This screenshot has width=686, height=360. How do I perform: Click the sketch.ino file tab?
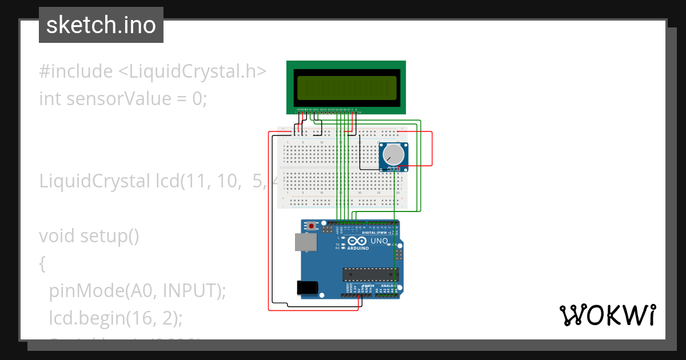coord(101,25)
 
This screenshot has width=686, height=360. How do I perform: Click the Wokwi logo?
coord(607,315)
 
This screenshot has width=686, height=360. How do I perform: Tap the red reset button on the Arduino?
coord(311,226)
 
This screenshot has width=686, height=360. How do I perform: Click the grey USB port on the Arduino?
coord(305,242)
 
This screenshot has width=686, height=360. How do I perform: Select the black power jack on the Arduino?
coord(307,287)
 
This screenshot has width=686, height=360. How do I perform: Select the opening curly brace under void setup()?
coord(42,263)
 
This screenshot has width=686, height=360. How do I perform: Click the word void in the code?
coord(57,236)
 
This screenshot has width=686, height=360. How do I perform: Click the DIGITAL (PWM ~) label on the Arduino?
coord(376,233)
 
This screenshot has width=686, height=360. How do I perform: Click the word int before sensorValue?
coord(50,99)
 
